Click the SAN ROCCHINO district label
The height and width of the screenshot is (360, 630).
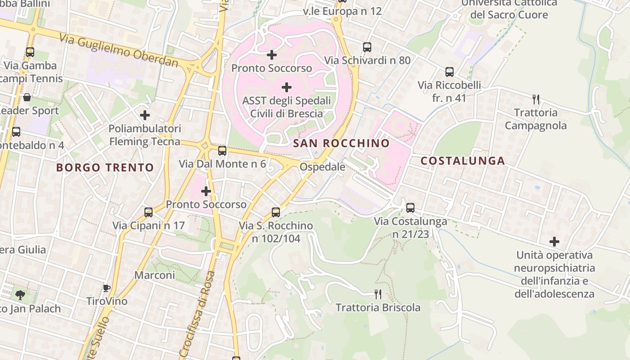341,144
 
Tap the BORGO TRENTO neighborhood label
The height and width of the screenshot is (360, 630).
105,168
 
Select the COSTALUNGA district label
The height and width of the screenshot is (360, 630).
463,161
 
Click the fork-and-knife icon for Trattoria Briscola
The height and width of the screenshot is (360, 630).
378,294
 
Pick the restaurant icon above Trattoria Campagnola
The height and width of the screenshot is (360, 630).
535,99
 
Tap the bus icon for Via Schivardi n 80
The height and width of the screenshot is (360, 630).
367,47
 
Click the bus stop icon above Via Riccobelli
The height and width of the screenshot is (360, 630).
449,72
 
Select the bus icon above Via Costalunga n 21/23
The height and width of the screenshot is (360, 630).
410,207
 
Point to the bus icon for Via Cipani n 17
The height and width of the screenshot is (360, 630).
148,212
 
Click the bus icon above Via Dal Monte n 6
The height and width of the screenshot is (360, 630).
222,150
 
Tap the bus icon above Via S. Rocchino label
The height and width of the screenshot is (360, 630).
276,212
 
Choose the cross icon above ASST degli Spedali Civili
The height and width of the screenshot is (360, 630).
287,87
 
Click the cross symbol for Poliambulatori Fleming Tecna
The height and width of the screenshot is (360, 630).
145,115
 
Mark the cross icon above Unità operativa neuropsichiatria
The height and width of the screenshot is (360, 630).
554,242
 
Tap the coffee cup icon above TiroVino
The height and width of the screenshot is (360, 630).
107,288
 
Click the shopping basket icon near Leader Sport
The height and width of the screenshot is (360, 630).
27,97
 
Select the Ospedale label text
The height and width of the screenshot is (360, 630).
323,167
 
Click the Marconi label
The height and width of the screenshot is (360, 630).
155,275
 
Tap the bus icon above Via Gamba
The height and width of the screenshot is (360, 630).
30,52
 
